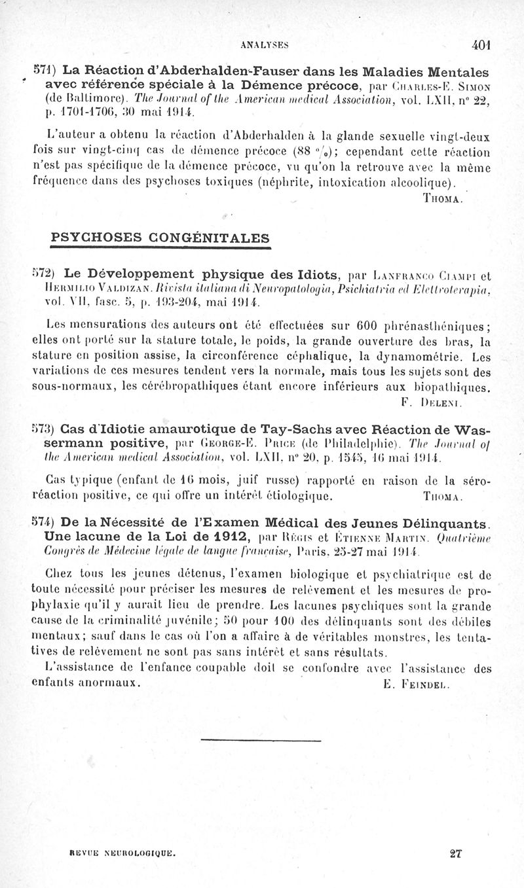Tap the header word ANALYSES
pos(265,45)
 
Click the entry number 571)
pos(45,70)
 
